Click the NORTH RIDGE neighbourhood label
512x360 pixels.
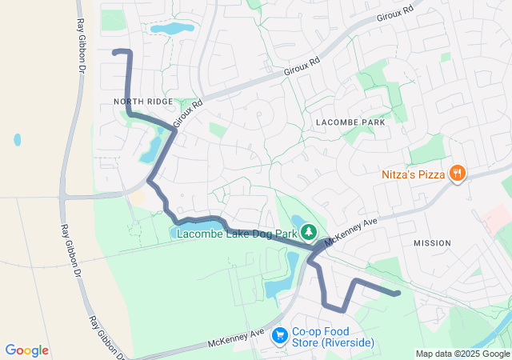coord(143,102)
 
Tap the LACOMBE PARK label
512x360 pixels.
coord(350,122)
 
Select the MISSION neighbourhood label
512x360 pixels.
coord(433,242)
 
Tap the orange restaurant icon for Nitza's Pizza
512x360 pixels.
coord(457,172)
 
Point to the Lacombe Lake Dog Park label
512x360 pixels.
coord(237,234)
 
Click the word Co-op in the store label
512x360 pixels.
coord(306,330)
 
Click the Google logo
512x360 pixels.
coord(26,350)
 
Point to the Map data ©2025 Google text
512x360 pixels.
coord(462,354)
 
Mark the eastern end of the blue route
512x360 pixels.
coord(397,294)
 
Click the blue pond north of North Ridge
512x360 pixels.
coord(173,29)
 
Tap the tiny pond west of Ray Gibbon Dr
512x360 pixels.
coord(18,139)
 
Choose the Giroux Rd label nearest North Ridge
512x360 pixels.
coord(187,110)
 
